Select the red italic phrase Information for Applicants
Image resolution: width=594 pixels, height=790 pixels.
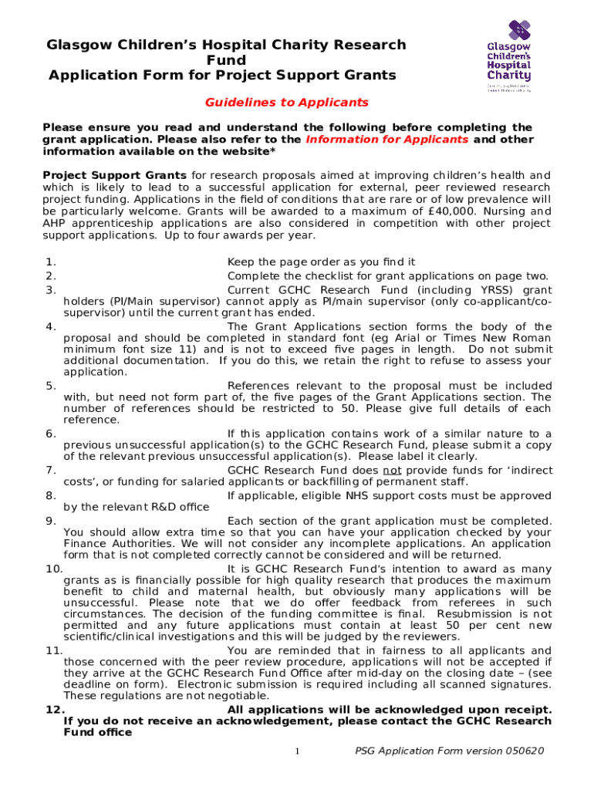(x=386, y=140)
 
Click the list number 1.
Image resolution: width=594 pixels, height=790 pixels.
(x=50, y=263)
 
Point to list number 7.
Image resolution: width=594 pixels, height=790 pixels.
(x=50, y=470)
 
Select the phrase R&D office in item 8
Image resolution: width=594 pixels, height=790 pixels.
(x=173, y=507)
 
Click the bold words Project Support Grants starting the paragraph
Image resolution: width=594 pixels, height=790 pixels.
(x=114, y=175)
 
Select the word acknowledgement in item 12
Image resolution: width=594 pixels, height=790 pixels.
(x=243, y=721)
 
